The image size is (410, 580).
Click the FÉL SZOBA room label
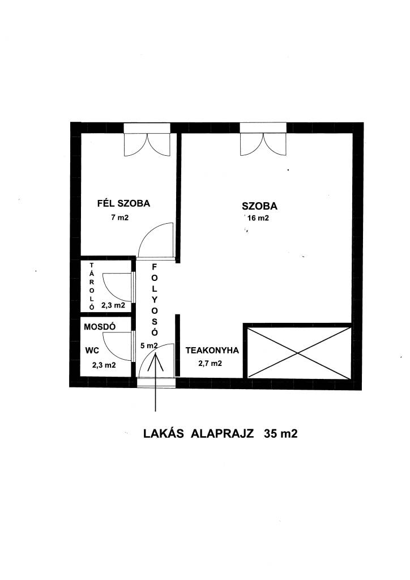pos(123,203)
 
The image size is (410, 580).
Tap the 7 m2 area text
pos(120,217)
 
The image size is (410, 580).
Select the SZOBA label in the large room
pos(259,206)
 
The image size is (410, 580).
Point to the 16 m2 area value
pos(258,218)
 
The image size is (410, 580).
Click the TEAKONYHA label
pos(212,350)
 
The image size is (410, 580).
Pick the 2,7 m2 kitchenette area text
pos(210,363)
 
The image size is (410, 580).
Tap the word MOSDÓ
pos(100,327)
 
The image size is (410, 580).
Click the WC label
pos(92,350)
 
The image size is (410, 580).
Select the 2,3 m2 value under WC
pos(104,365)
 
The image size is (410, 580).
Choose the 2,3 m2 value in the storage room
pos(113,305)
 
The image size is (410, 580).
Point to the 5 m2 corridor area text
pos(149,346)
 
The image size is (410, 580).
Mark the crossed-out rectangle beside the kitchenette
pos(298,352)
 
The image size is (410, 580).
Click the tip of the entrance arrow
pos(156,353)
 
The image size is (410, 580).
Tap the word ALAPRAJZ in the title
pos(222,433)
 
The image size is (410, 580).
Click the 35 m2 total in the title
pos(281,433)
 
